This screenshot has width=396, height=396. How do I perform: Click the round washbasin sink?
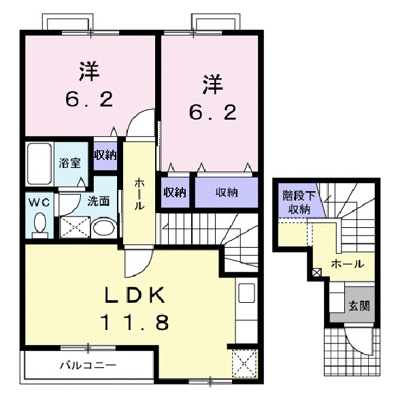pyautogui.click(x=104, y=227)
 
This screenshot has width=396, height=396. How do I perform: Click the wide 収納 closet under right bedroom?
pyautogui.click(x=227, y=193)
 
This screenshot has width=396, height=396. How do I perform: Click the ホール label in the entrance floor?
pyautogui.click(x=347, y=264)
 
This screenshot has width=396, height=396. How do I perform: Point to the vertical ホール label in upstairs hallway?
pyautogui.click(x=139, y=194)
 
